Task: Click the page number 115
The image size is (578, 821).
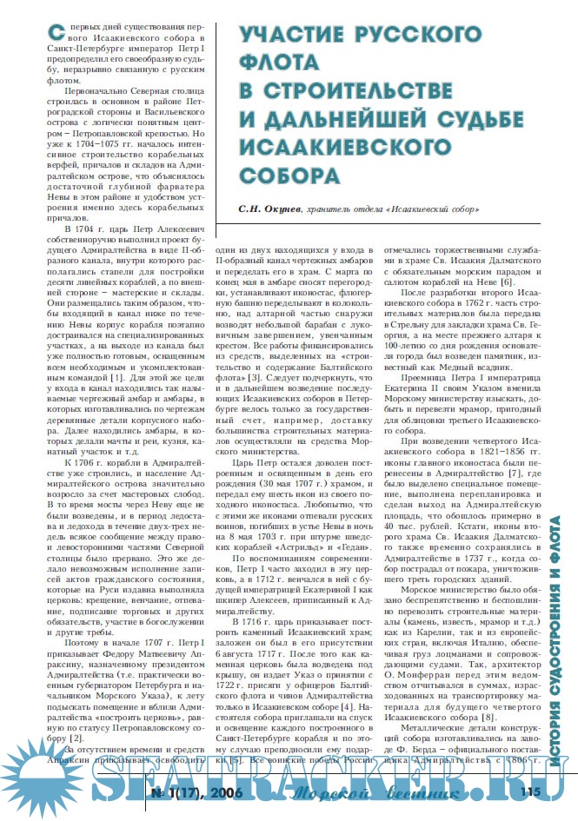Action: pos(531,791)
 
